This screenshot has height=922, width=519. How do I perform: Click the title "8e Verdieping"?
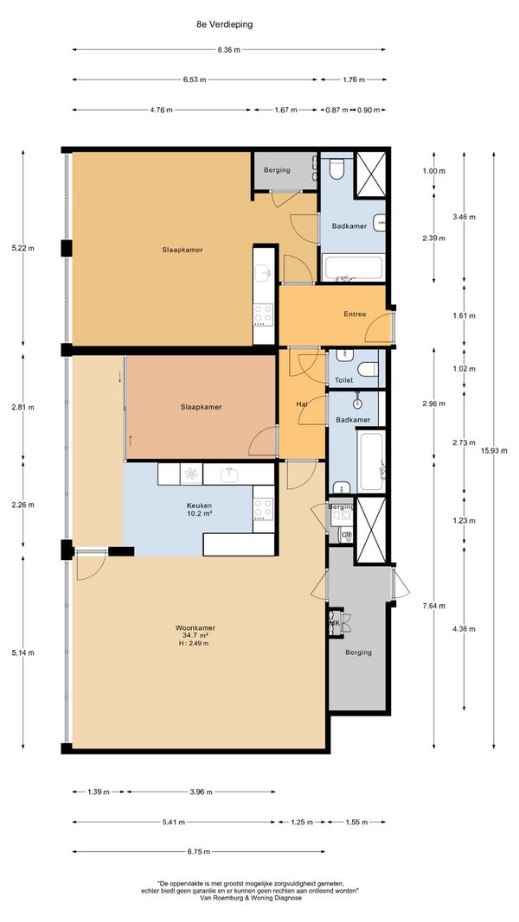[x=225, y=25]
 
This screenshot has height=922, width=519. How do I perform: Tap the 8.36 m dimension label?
[x=229, y=50]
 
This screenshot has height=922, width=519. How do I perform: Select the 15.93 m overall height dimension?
[x=494, y=451]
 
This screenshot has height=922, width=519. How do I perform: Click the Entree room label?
[x=355, y=314]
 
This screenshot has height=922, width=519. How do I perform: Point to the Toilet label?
[x=343, y=380]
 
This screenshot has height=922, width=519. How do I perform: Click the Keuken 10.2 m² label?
[x=200, y=509]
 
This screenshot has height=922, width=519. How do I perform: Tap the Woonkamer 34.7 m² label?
[x=192, y=635]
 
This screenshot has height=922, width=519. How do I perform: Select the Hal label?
[x=302, y=404]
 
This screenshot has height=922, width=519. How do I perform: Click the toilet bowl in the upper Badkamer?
[x=336, y=169]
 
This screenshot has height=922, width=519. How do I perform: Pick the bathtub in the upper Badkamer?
[x=354, y=268]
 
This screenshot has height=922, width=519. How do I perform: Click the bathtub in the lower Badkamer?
[x=371, y=461]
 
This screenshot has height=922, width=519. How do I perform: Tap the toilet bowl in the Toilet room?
[x=368, y=369]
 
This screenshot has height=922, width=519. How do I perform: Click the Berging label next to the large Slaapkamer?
[x=277, y=170]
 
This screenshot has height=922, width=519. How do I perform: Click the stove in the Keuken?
[x=263, y=509]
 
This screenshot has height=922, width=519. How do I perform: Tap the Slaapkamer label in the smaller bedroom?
[x=202, y=407]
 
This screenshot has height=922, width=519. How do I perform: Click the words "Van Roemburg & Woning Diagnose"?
[x=251, y=898]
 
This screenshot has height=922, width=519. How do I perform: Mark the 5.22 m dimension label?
[x=23, y=248]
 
